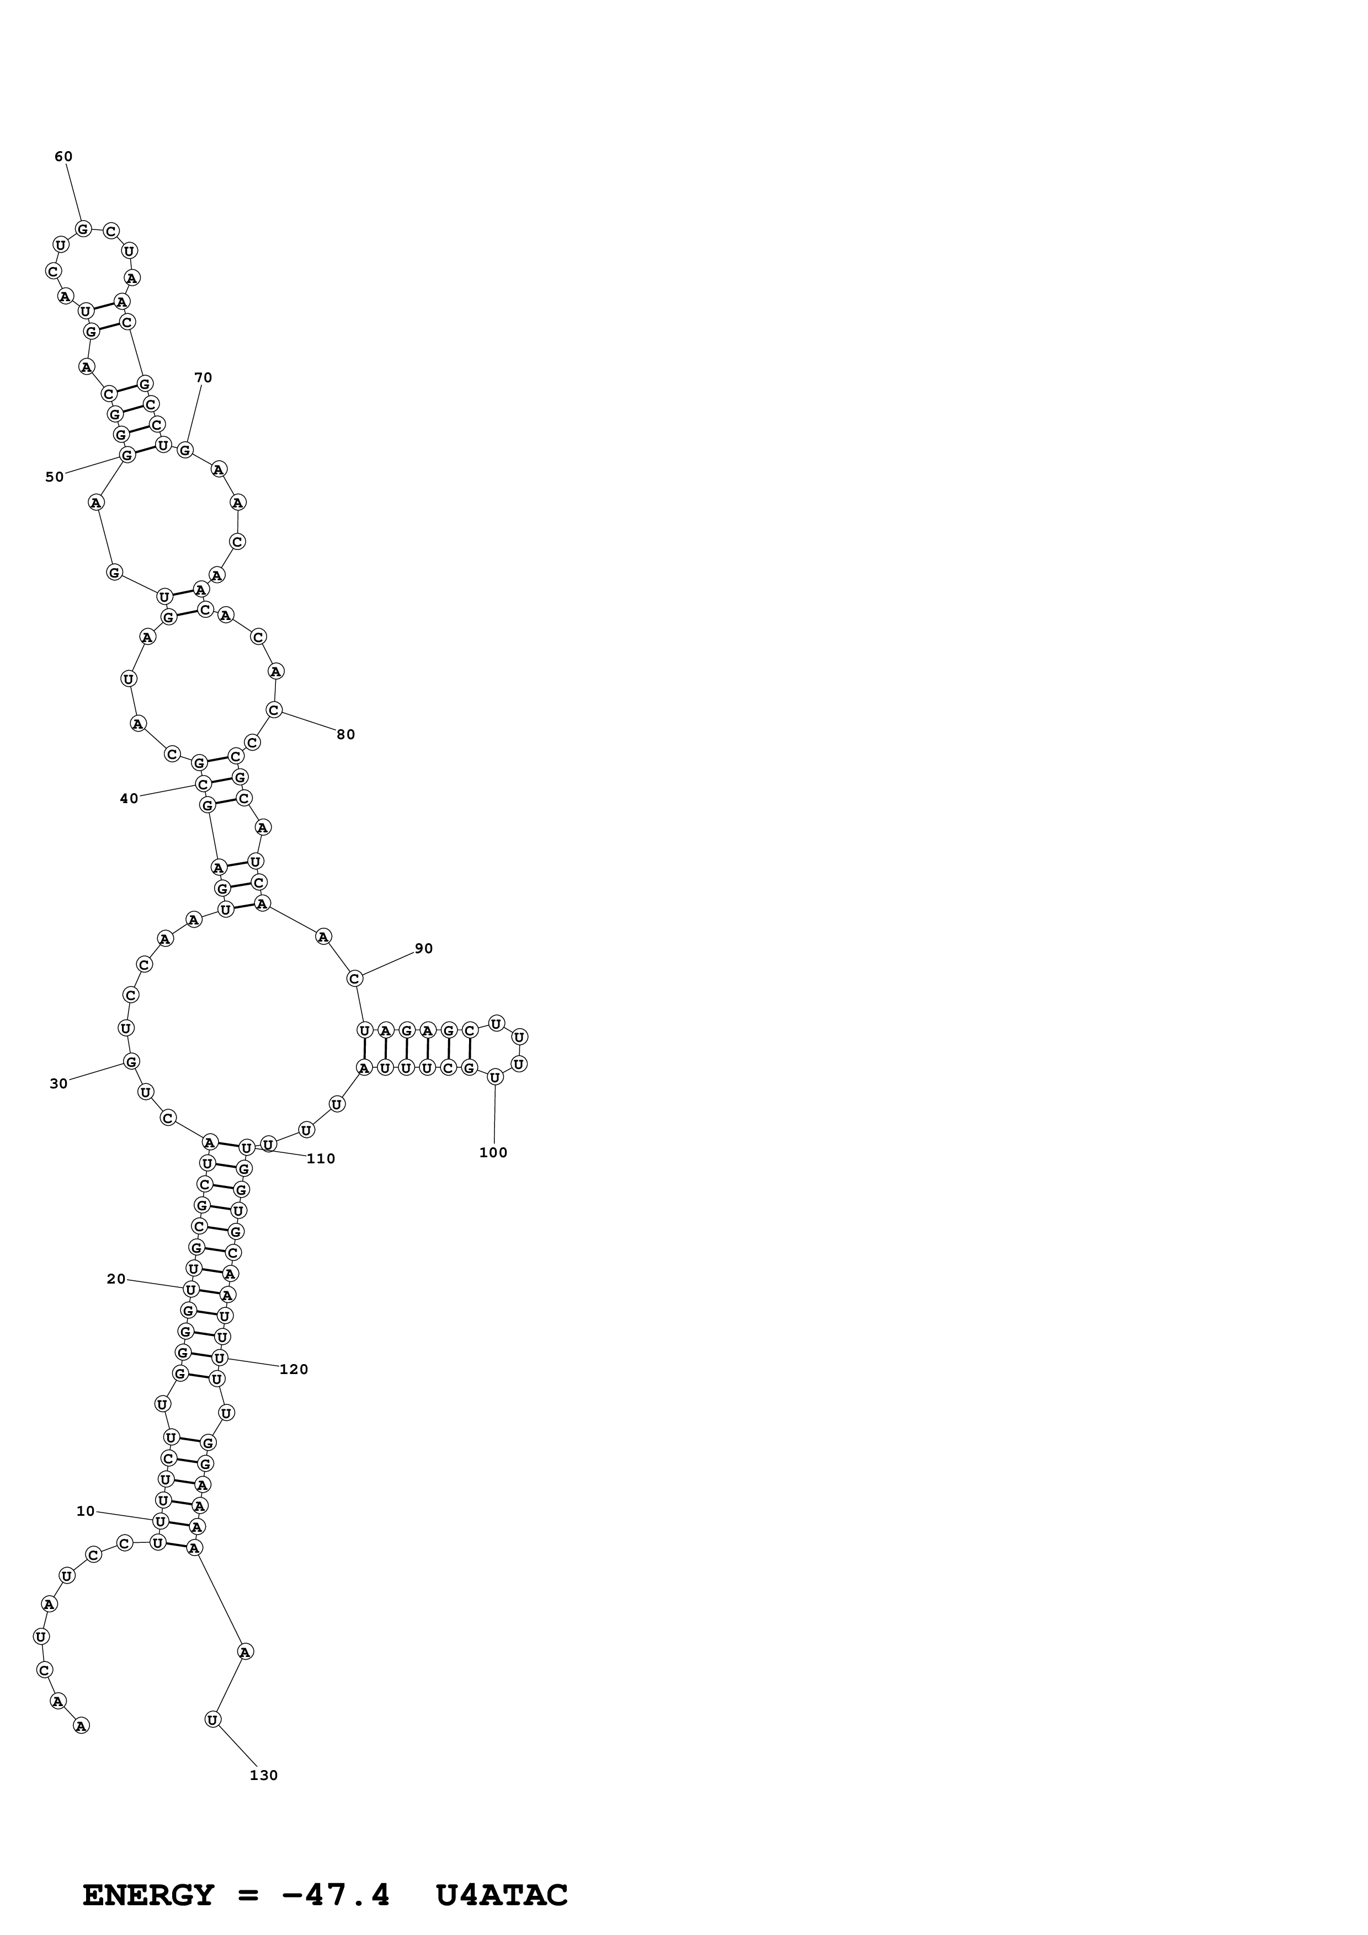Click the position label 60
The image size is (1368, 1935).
click(63, 157)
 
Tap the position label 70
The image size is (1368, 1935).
click(203, 377)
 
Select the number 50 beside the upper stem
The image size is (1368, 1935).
click(54, 477)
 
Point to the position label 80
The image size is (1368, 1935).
click(345, 735)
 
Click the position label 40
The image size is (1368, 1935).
click(128, 799)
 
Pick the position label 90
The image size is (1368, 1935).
click(423, 949)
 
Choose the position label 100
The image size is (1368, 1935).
click(493, 1153)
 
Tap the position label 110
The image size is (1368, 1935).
click(320, 1159)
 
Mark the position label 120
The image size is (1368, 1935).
click(294, 1370)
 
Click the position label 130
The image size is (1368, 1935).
click(263, 1776)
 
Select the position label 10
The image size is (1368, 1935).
click(85, 1511)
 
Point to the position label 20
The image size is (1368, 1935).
click(115, 1279)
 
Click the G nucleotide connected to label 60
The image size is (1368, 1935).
click(83, 228)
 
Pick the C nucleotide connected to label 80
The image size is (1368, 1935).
click(274, 710)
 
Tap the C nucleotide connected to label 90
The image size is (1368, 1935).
click(355, 979)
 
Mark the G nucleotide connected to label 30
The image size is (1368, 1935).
click(131, 1062)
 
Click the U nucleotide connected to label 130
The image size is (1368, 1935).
click(213, 1719)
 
